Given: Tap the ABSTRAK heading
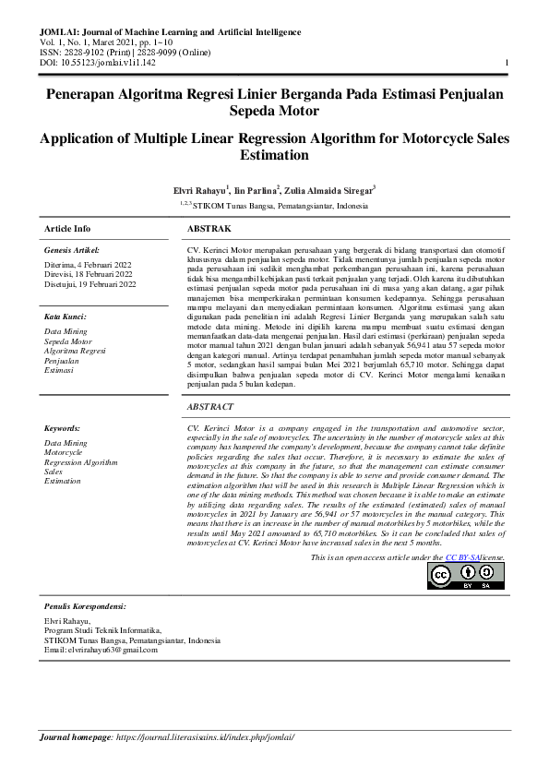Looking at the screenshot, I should click(209, 228).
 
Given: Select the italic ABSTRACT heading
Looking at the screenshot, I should click(211, 406).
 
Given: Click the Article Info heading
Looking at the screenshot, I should click(67, 228).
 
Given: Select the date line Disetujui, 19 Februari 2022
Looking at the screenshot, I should click(90, 284).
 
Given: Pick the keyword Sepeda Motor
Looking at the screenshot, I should click(68, 341).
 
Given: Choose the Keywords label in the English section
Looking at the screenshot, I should click(62, 428).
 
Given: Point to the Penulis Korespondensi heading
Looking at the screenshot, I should click(85, 606).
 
